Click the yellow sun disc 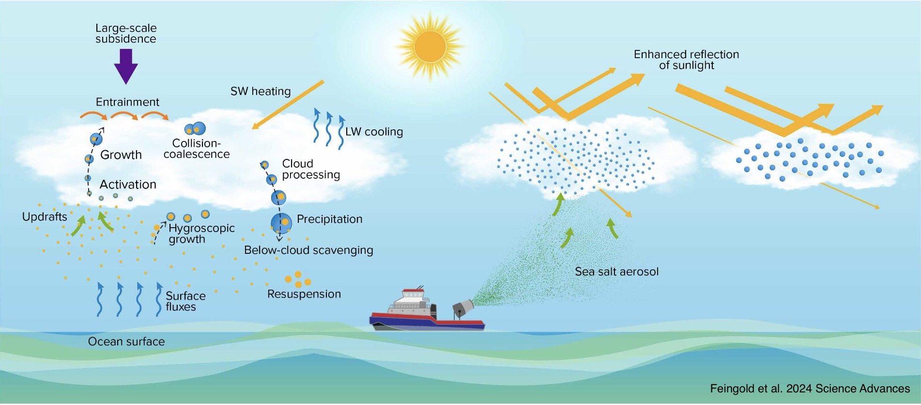tap(430, 47)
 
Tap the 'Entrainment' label tap(127, 102)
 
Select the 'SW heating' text tap(261, 92)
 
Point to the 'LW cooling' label tap(374, 132)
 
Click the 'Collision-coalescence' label tap(197, 149)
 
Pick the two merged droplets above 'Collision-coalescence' tap(195, 129)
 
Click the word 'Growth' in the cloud tap(121, 155)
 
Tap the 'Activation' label tap(128, 185)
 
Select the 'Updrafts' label tap(45, 217)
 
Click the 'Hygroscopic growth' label tap(201, 234)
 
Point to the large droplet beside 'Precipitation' tap(281, 223)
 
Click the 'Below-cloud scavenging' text tap(308, 250)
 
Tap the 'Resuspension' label tap(304, 294)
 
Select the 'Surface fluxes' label tap(185, 301)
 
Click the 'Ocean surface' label tap(126, 342)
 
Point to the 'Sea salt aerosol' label tap(616, 272)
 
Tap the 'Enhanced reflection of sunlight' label tap(686, 60)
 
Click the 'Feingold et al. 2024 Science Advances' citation tap(810, 389)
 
